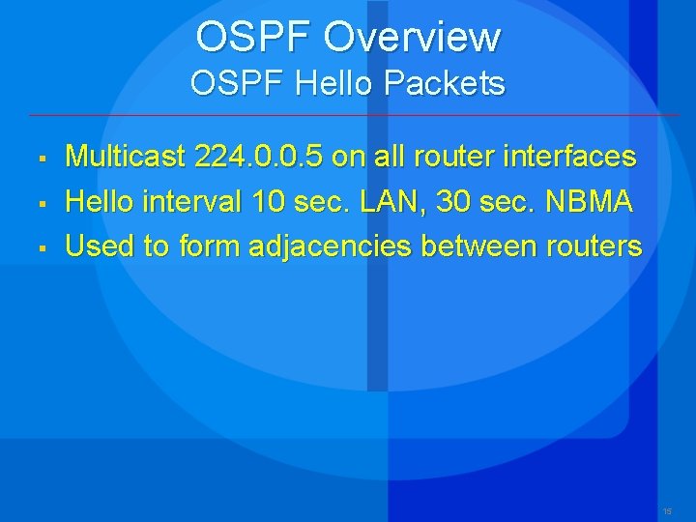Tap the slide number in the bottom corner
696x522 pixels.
667,510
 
